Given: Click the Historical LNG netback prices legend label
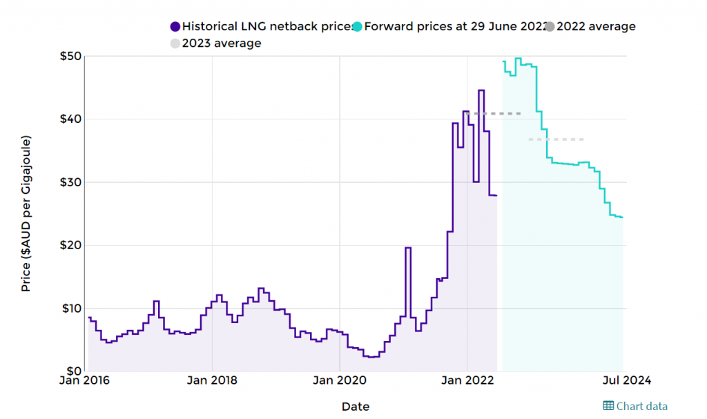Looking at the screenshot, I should point(265,27).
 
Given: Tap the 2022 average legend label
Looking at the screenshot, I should point(595,27).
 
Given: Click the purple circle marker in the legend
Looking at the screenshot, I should point(175,27).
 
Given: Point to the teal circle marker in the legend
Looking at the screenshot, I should point(356,27).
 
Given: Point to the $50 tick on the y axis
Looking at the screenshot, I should point(69,56).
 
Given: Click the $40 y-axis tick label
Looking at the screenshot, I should point(69,119).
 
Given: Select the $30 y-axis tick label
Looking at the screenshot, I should point(69,182).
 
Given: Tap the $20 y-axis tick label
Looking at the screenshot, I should point(69,245).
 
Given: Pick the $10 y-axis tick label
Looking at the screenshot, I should point(69,308).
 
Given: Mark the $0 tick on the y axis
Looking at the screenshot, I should point(72,371).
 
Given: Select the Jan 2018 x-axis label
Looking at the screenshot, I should point(212,380).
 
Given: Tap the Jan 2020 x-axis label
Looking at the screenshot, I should point(340,380).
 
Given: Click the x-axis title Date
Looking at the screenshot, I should point(356,407).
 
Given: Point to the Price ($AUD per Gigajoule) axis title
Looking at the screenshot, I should point(26,213).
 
